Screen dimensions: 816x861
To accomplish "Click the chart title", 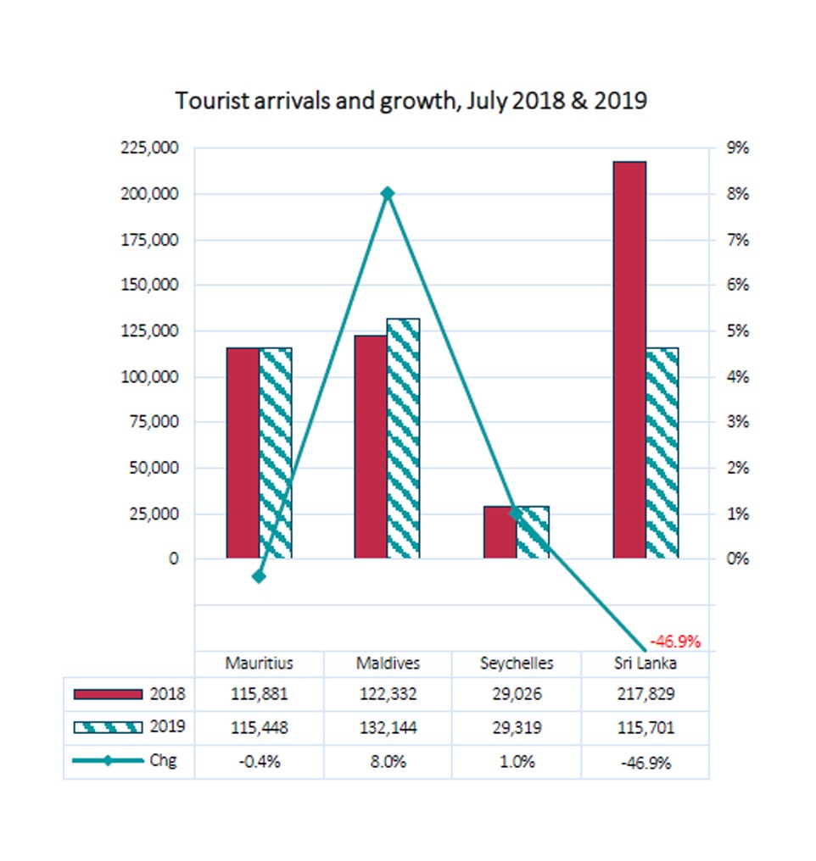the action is tap(411, 101).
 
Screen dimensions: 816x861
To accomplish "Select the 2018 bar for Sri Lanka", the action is tap(629, 360).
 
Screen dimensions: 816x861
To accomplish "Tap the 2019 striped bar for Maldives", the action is tap(403, 439).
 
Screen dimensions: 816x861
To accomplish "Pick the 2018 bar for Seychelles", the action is tap(500, 533).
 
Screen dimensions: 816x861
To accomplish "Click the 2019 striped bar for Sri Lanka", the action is tap(662, 453).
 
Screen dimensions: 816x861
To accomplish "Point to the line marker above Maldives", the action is tap(388, 193).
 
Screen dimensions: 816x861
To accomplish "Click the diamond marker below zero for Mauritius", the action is tap(259, 576).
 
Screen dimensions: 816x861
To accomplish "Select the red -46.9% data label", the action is tap(675, 642).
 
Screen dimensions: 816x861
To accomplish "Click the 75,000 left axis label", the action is tap(154, 422).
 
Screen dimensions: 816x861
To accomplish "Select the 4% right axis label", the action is tap(737, 377).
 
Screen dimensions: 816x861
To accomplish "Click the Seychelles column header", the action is tap(517, 664).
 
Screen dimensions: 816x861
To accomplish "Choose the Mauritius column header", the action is tap(260, 664).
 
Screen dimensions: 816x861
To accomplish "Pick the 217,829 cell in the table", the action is tap(646, 694).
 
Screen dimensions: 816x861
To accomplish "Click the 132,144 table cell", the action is tap(388, 728).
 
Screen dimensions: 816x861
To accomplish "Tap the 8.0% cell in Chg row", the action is tap(388, 762).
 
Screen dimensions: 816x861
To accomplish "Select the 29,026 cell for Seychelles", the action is tap(517, 694).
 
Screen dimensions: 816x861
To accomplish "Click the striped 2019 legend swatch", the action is tap(108, 728).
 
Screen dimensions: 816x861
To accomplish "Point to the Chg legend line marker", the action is tap(108, 760).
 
